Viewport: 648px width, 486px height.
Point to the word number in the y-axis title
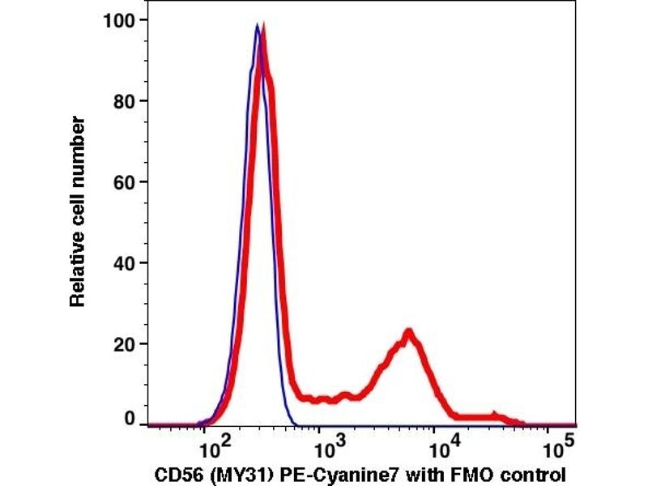coord(78,146)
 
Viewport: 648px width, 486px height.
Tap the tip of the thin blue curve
coord(257,25)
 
